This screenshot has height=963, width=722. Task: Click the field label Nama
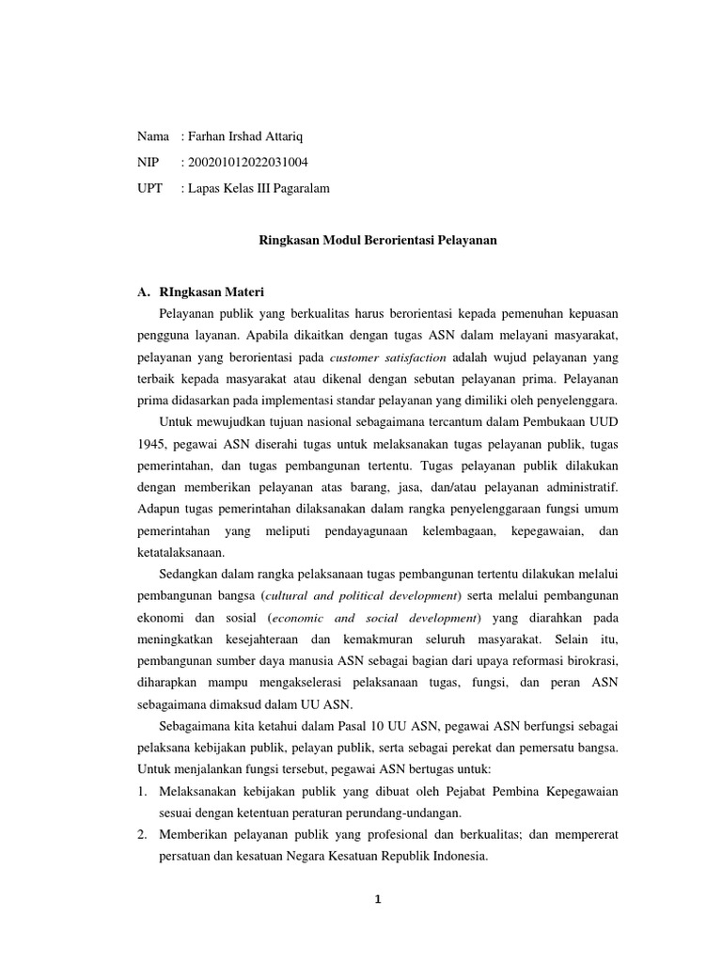[153, 137]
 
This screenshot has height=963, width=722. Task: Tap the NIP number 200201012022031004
[248, 163]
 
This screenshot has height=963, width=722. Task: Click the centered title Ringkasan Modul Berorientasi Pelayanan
[377, 240]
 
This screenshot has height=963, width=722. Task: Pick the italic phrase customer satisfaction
[388, 358]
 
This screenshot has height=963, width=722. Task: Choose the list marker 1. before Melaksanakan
[144, 792]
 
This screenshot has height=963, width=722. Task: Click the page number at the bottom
[377, 899]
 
